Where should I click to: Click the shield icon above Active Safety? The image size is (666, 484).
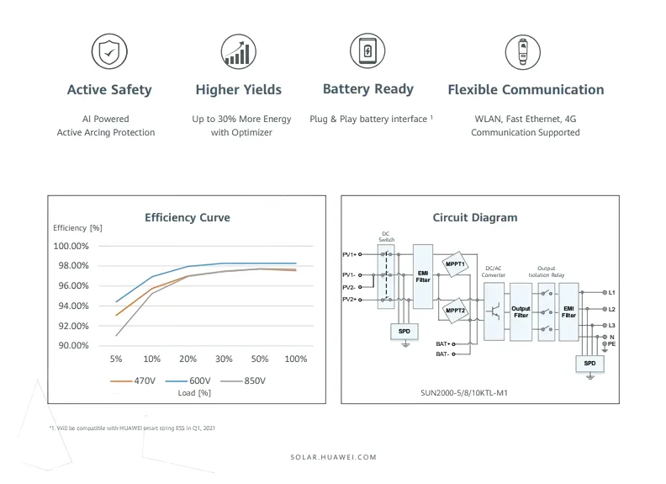click(x=109, y=52)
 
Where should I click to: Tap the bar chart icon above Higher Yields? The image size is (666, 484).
click(x=238, y=51)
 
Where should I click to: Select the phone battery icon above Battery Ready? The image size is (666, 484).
click(x=367, y=51)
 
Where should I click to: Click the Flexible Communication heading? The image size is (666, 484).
click(x=526, y=89)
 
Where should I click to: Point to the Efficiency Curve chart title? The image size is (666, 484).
click(x=187, y=217)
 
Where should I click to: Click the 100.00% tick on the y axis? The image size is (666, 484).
click(x=71, y=246)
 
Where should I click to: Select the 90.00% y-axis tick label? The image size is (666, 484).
click(x=71, y=346)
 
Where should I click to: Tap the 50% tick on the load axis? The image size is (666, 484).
click(x=260, y=359)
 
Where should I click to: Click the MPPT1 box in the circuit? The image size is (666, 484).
click(x=456, y=263)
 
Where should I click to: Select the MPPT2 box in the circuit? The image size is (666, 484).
click(x=456, y=310)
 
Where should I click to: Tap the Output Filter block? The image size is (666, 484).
click(x=521, y=311)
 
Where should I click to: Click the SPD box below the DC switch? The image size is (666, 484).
click(x=404, y=332)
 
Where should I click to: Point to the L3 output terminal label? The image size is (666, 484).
click(x=611, y=325)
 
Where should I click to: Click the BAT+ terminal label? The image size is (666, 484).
click(x=443, y=343)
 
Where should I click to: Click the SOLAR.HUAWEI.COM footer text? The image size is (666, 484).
click(x=333, y=457)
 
